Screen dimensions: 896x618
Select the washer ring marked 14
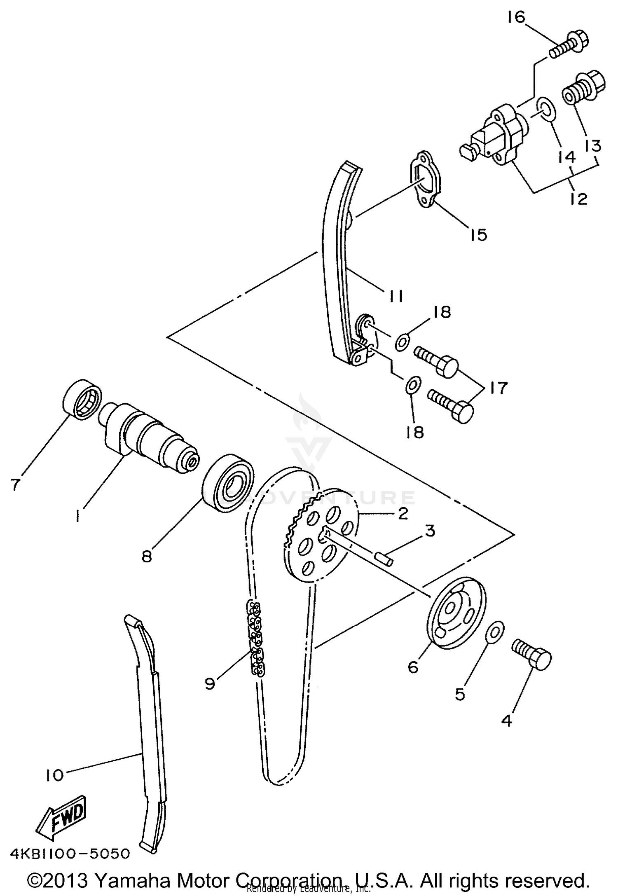[x=546, y=110]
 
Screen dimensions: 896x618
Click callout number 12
[x=578, y=199]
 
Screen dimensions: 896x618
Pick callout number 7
[x=15, y=484]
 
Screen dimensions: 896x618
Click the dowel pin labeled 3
[x=383, y=559]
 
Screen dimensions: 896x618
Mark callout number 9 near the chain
[x=210, y=684]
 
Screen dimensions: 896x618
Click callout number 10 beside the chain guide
[x=54, y=775]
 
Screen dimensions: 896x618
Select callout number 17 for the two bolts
[x=499, y=388]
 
